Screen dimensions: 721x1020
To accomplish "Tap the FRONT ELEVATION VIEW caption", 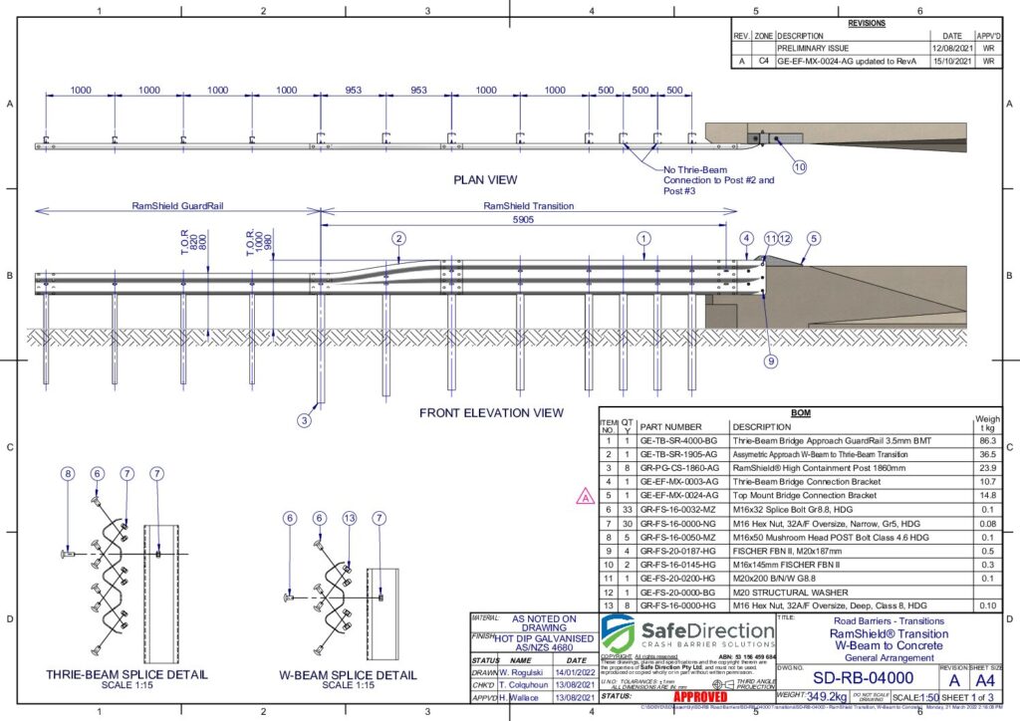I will (491, 412).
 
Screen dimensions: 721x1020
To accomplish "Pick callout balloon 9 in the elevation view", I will (771, 361).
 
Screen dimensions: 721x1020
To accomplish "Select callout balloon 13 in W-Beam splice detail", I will (349, 518).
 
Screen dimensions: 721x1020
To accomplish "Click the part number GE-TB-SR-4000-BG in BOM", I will (678, 438).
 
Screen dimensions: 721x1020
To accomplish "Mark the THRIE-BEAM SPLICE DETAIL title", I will (127, 674).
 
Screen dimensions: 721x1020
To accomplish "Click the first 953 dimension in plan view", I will (353, 91).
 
